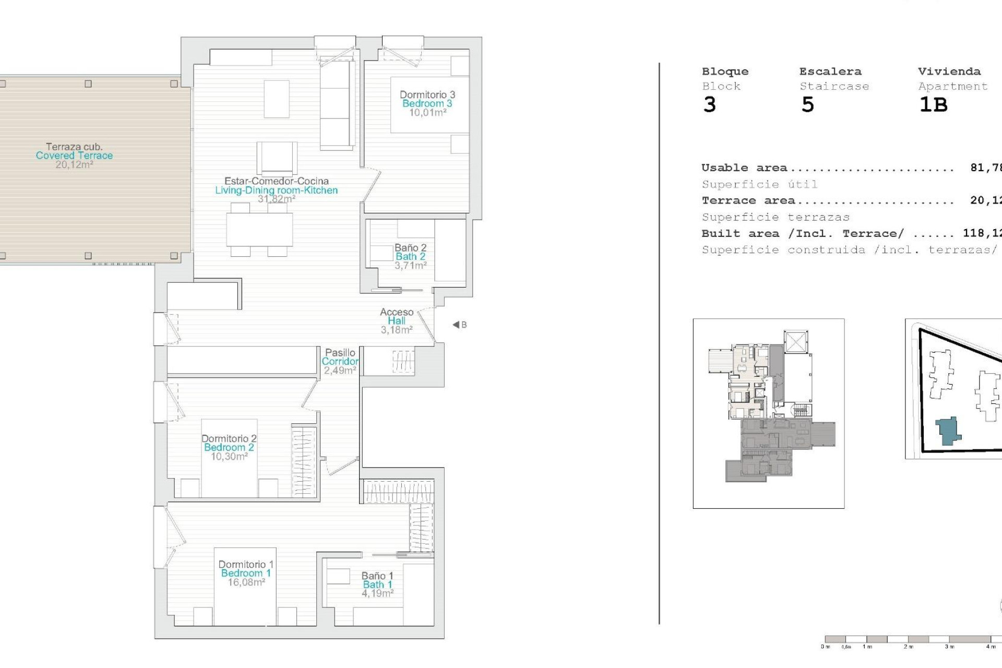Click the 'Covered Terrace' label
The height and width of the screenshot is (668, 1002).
coord(74,156)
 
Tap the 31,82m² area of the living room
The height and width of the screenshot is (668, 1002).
coord(277,199)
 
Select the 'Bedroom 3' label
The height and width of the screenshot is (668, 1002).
coord(427,103)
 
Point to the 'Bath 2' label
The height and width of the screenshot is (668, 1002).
coord(410,256)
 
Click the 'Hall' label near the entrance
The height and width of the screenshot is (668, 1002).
coord(396,321)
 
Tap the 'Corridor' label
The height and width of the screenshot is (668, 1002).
coord(340,361)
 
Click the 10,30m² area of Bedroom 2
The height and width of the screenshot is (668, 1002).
coord(229,457)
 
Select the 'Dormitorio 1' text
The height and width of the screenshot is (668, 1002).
coord(246,564)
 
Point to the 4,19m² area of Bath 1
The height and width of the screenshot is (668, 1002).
coord(377,593)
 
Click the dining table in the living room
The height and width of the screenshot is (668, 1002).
coord(259,230)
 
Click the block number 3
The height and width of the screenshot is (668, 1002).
coord(709,105)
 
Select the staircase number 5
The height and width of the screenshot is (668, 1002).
coord(807,105)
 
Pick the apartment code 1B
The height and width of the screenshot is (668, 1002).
coord(933,105)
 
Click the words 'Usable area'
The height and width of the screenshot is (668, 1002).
coord(744,168)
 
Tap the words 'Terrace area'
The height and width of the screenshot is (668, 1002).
coord(748,200)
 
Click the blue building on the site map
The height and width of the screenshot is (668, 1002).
coord(948,431)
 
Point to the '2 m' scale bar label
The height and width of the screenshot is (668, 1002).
coord(909,647)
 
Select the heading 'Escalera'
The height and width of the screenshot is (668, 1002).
coord(830,71)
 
